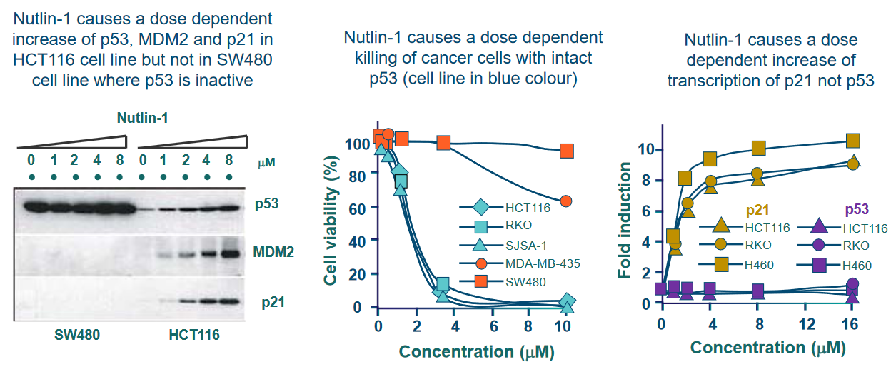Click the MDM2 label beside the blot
(x=273, y=252)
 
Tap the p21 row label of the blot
(x=273, y=302)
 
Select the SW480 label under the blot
(x=77, y=335)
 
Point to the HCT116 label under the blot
(x=194, y=335)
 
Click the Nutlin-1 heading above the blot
(x=142, y=118)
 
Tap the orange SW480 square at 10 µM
(x=567, y=151)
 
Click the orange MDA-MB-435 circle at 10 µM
(x=565, y=201)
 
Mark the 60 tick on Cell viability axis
(x=357, y=209)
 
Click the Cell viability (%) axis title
(x=331, y=221)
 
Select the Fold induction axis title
(x=625, y=220)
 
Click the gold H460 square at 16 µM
(x=852, y=141)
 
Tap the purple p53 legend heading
(x=857, y=209)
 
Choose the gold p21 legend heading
(x=757, y=210)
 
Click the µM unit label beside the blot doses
(x=266, y=162)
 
